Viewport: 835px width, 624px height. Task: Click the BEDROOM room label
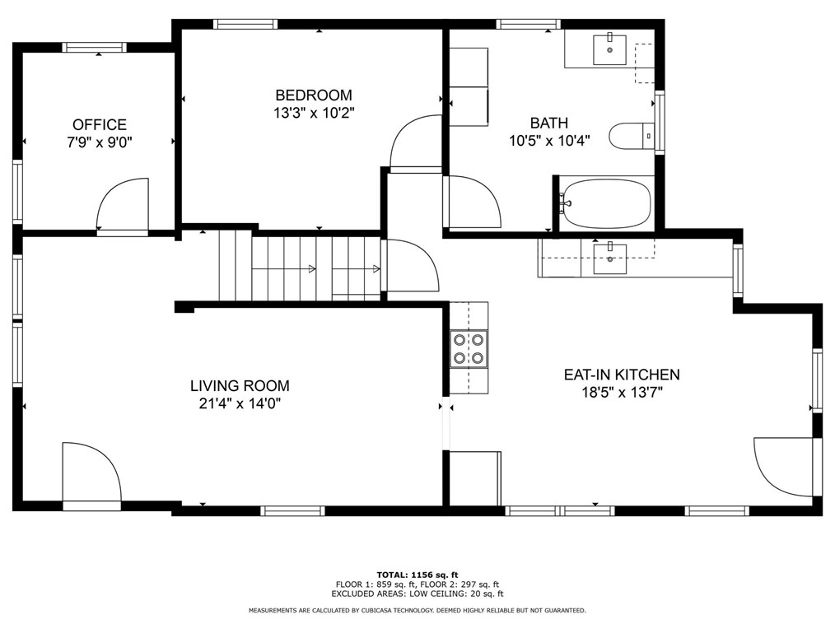tap(314, 95)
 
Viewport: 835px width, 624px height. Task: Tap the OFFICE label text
tap(100, 124)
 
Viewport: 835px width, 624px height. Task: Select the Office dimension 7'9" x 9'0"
tap(100, 142)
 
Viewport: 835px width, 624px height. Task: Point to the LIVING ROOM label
tap(240, 385)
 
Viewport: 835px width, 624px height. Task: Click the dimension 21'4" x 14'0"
tap(240, 403)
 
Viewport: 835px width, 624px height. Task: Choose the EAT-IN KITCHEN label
tap(622, 375)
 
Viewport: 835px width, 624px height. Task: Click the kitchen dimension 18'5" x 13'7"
tap(622, 393)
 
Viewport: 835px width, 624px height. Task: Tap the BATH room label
tap(549, 123)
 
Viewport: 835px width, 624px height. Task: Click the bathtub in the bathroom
tap(607, 204)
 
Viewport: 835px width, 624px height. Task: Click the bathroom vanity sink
tap(609, 49)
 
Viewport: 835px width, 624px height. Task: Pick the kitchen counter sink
tap(609, 258)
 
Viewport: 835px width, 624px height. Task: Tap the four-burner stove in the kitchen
tap(469, 349)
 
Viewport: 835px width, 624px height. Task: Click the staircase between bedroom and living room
tap(300, 265)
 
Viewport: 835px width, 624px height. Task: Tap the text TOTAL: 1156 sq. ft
tap(417, 575)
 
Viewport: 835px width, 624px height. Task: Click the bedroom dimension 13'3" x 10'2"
tap(314, 114)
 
